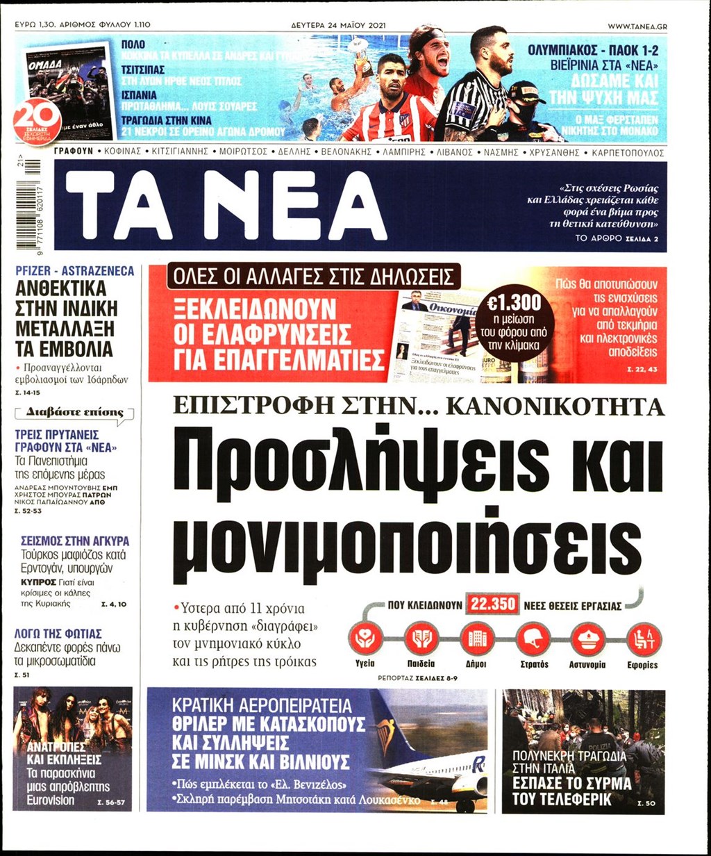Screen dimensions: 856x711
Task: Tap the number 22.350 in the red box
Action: pyautogui.click(x=493, y=604)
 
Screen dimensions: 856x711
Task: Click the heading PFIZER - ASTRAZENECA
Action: pyautogui.click(x=74, y=272)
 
